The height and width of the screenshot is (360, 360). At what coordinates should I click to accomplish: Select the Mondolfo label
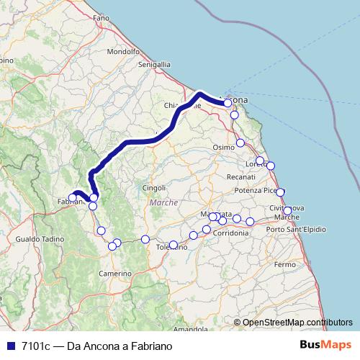tap(122, 52)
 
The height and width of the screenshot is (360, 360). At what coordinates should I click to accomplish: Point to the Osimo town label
tap(224, 147)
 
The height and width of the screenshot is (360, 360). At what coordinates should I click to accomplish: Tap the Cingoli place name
tap(154, 188)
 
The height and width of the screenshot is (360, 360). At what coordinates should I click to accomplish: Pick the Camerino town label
tap(115, 274)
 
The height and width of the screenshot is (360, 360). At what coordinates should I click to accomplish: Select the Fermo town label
tap(285, 265)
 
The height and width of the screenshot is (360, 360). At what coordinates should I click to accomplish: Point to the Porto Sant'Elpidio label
tap(296, 229)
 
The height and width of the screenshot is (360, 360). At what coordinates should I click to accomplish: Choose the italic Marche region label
tap(163, 203)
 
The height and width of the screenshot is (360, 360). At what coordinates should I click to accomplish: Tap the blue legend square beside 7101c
tap(9, 346)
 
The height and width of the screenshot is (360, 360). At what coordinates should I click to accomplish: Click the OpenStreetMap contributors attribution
tap(297, 322)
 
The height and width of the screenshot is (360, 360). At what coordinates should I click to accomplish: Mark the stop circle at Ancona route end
tap(228, 103)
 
